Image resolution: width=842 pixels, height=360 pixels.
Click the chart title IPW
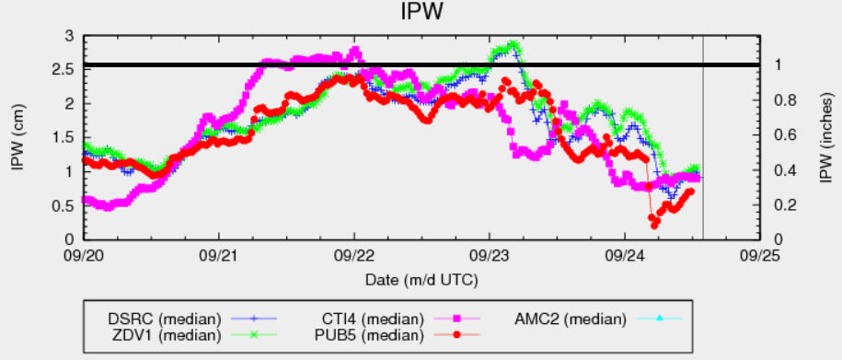point(421,13)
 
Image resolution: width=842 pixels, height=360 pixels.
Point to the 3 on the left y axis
point(71,35)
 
